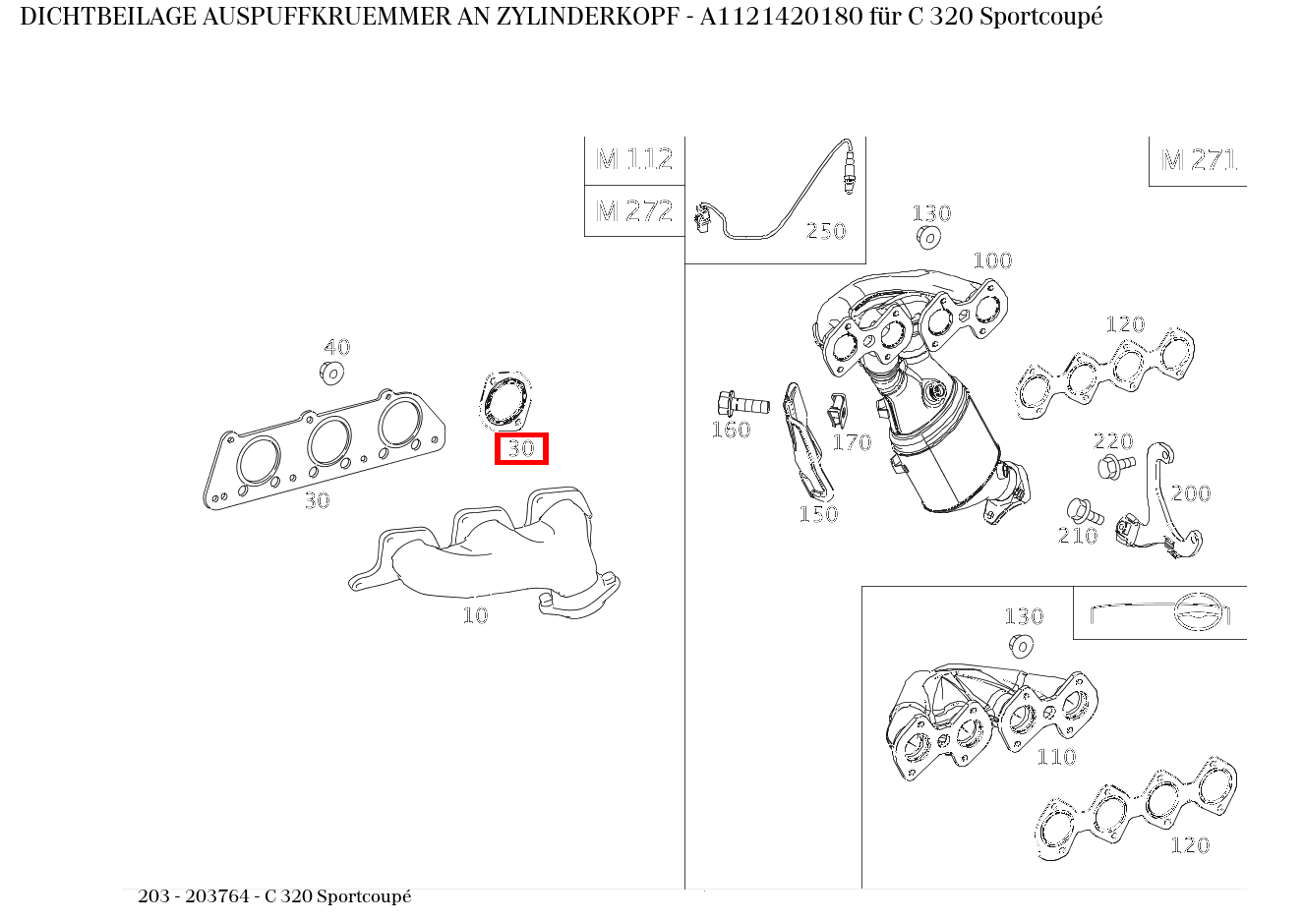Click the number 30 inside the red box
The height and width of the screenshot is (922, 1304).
pyautogui.click(x=520, y=449)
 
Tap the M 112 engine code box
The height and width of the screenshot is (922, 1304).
pyautogui.click(x=634, y=159)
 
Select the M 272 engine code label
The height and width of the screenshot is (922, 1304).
pyautogui.click(x=634, y=211)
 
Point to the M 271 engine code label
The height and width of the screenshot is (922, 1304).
pyautogui.click(x=1198, y=160)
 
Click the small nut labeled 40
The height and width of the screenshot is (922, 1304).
pyautogui.click(x=331, y=373)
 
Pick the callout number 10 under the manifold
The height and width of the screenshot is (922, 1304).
pyautogui.click(x=475, y=616)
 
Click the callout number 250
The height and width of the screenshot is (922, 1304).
pyautogui.click(x=826, y=231)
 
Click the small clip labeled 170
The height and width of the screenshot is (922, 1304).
pyautogui.click(x=837, y=412)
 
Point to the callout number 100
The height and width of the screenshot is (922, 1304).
pyautogui.click(x=992, y=260)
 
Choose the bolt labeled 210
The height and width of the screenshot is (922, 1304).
pyautogui.click(x=1081, y=511)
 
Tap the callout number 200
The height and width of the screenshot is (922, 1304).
pyautogui.click(x=1190, y=493)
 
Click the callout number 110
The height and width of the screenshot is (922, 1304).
pyautogui.click(x=1056, y=757)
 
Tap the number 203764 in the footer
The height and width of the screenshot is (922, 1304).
pyautogui.click(x=222, y=896)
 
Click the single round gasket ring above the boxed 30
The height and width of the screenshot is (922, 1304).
pyautogui.click(x=506, y=402)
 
